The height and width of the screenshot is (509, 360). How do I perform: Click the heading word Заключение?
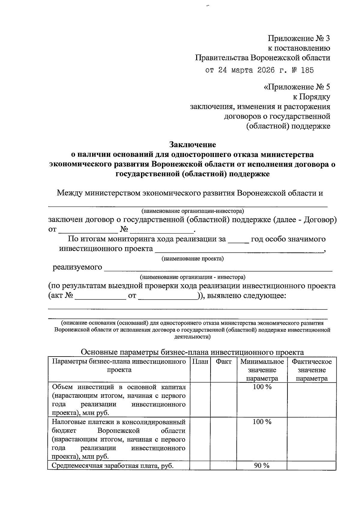(x=193, y=145)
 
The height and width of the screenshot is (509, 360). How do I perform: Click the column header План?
(x=200, y=362)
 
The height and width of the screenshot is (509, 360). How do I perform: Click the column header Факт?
(x=223, y=362)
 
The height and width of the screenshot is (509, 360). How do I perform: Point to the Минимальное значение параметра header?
(x=262, y=370)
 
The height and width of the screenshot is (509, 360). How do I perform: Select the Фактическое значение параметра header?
(x=312, y=370)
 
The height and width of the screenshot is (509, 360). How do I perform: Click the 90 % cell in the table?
(x=262, y=465)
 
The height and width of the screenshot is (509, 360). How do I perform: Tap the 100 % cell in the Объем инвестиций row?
(x=262, y=387)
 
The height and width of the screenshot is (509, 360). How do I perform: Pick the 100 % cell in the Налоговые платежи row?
(x=262, y=422)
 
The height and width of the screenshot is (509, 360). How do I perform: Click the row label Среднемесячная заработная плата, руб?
(x=113, y=465)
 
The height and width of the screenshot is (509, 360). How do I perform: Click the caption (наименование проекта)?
(x=193, y=258)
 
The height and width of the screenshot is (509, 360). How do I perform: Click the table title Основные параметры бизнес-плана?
(x=192, y=352)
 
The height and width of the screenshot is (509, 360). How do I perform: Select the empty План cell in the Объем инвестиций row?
(x=200, y=399)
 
